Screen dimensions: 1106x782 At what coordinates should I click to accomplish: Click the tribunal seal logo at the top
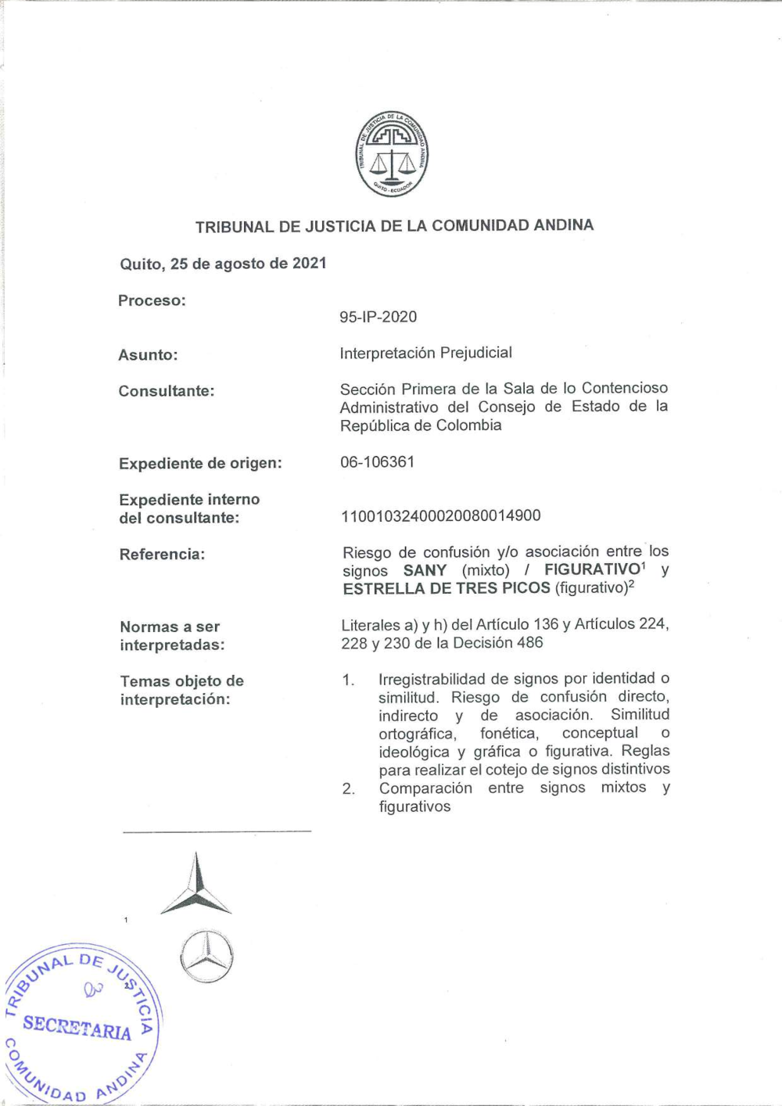coord(392,153)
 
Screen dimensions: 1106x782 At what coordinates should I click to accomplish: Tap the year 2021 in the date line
coord(310,264)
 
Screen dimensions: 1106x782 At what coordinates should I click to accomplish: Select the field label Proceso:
coord(152,301)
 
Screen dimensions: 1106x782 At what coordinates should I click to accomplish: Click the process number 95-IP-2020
coord(378,317)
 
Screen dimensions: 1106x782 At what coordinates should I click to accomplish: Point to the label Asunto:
coord(148,355)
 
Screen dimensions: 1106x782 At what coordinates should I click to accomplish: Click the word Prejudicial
coord(475,353)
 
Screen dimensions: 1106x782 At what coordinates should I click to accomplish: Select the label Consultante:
coord(166,391)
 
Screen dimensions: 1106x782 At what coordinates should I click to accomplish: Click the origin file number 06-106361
coord(377,462)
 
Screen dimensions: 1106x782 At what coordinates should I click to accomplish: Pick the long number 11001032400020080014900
coord(441,515)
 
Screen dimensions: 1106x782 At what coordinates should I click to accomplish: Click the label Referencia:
coord(162,555)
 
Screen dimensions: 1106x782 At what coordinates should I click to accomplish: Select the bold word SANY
coord(425,570)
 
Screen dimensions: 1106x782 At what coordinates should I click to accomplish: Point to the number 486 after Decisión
coord(529,643)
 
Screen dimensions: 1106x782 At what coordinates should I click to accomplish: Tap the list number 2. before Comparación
coord(348,788)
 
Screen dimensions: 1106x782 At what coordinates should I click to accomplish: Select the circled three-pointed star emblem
coord(206,956)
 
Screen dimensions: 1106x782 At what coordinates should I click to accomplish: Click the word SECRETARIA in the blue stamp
coord(77,1026)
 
